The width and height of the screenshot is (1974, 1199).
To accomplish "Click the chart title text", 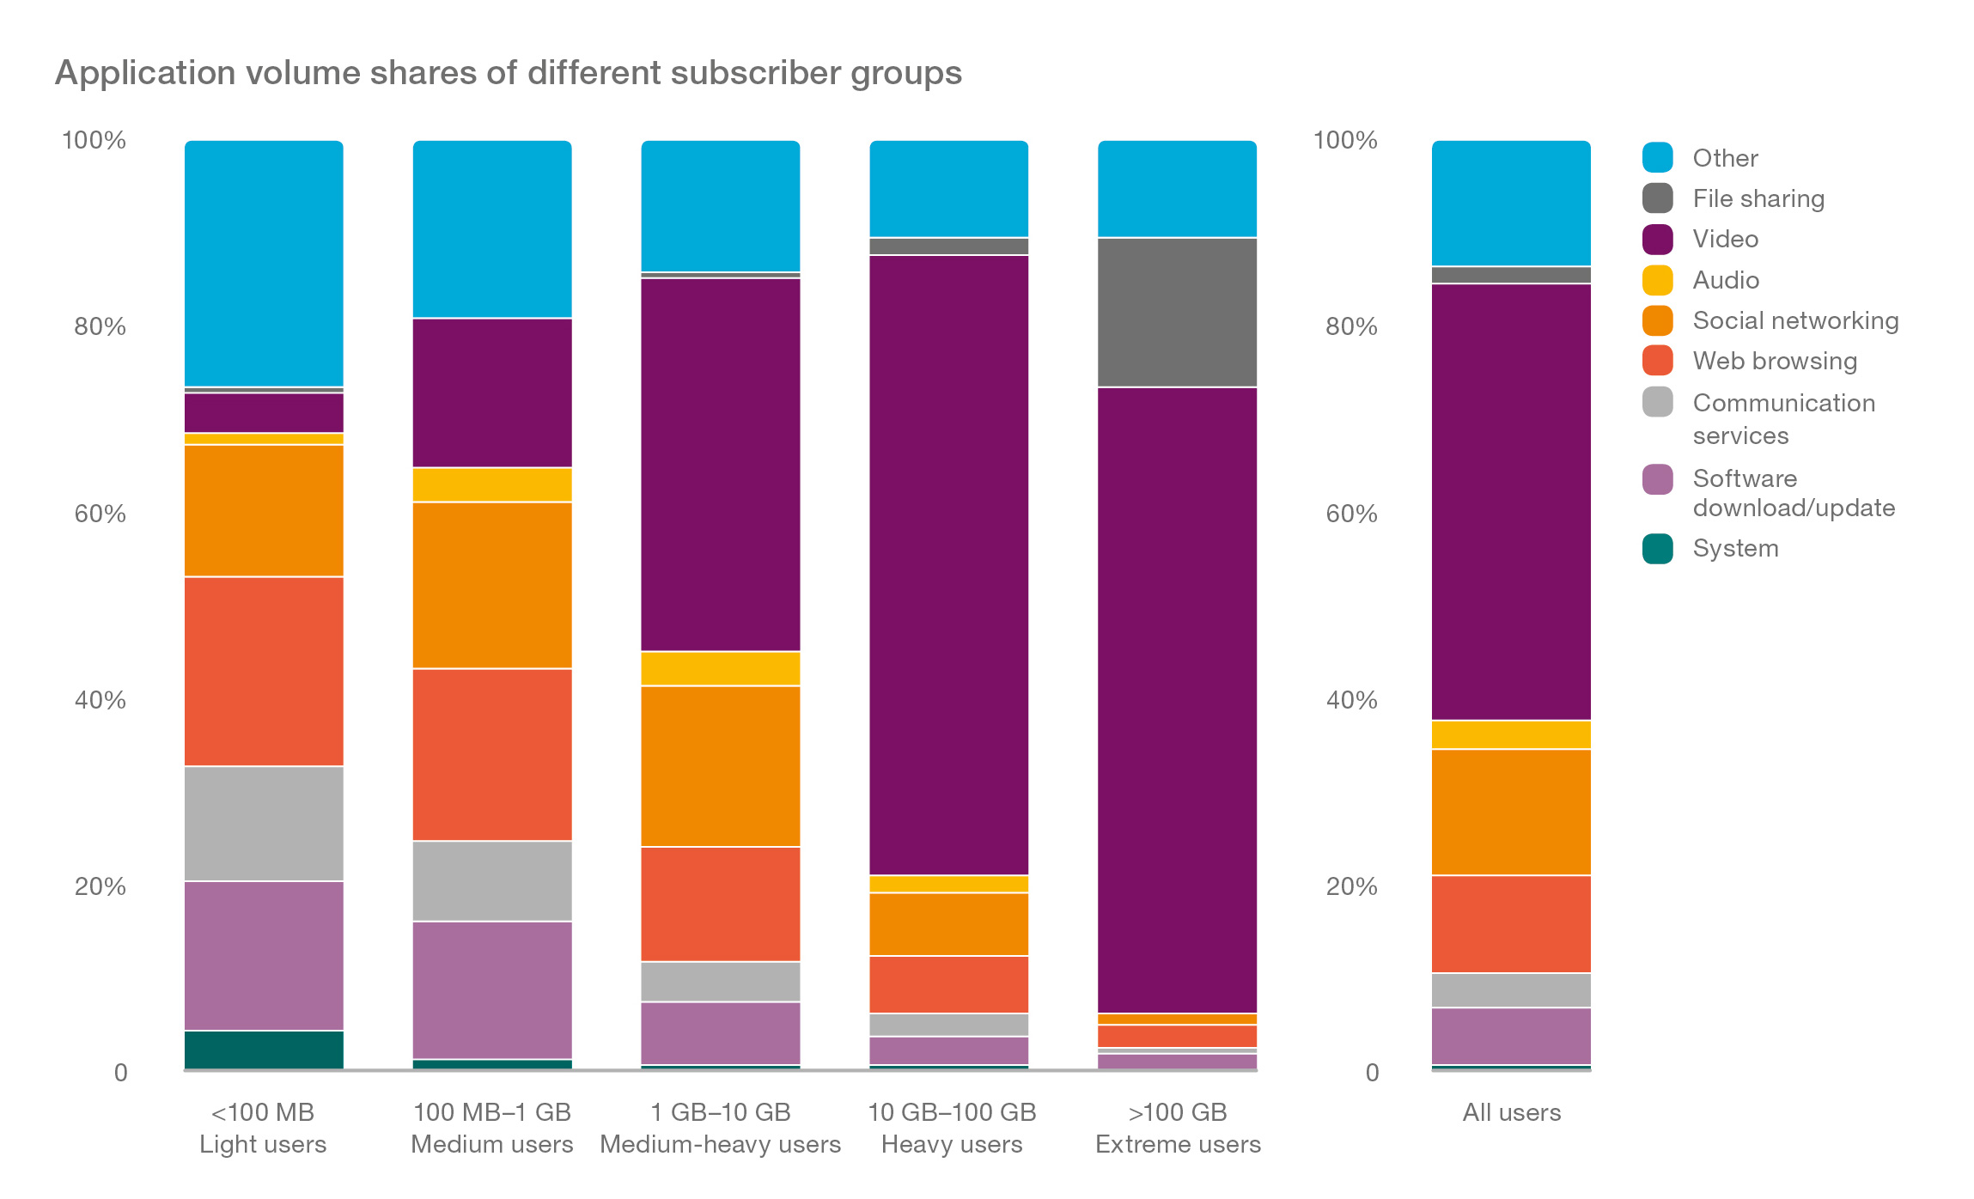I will click(508, 73).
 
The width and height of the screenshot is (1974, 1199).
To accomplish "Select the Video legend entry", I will click(1724, 239).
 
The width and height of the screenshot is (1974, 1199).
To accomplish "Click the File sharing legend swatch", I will click(1656, 198).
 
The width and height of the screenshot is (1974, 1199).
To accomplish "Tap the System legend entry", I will click(1734, 548).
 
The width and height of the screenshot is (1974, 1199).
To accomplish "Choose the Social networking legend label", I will click(1794, 320).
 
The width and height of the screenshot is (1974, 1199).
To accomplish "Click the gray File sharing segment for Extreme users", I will click(1177, 312).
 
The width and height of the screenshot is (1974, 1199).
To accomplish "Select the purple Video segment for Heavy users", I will click(948, 564).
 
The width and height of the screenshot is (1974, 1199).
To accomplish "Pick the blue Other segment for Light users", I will click(264, 263).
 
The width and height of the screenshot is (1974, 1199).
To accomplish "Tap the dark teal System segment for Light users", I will click(264, 1049).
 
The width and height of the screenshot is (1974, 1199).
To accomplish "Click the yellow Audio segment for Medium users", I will click(492, 484).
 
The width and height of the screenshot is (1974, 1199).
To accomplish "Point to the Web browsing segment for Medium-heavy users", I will click(720, 904).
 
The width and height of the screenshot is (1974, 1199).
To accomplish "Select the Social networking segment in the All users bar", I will click(1510, 812).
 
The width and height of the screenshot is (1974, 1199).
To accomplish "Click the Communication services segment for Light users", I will click(264, 823).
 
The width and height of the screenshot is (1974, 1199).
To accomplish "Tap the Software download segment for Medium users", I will click(492, 989).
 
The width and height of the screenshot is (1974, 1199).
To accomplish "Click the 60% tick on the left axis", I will click(100, 514).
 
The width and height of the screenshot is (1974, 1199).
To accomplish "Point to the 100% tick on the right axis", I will click(1344, 140).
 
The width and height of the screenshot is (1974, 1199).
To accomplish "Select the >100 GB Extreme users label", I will click(1177, 1128).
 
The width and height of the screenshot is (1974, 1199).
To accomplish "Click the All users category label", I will click(1510, 1112).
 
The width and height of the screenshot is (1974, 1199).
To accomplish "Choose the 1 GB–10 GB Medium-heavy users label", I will click(720, 1128).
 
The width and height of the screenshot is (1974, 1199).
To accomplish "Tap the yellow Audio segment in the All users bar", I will click(1510, 734).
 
